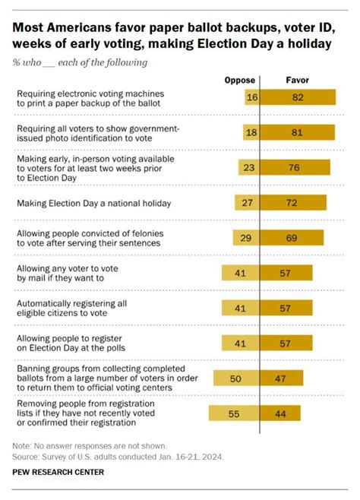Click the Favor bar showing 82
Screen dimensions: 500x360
[298, 97]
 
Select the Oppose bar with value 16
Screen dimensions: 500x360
[252, 97]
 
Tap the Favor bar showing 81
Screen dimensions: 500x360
[297, 133]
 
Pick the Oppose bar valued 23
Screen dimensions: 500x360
[248, 168]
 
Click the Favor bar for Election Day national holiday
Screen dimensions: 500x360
[293, 203]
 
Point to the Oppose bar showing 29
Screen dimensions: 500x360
[245, 238]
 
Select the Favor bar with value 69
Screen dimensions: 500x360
[292, 238]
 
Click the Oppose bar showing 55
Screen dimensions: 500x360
[234, 413]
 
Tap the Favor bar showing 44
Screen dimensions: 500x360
[281, 413]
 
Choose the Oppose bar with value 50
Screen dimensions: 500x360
[236, 378]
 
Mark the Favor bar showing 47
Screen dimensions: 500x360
[282, 378]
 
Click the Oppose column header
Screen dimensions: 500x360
[240, 79]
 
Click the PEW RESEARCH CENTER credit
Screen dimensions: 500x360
[58, 472]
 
